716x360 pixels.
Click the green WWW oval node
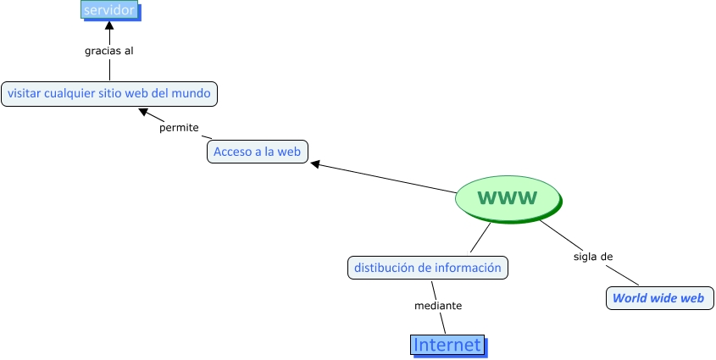point(508,198)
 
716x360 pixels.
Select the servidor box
point(109,10)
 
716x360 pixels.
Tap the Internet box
point(447,345)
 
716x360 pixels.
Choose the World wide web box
point(658,298)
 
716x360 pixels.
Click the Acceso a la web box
point(258,152)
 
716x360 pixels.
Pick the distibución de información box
point(428,268)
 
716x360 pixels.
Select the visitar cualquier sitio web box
point(109,93)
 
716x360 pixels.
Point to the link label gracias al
point(109,51)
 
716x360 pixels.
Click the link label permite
point(179,128)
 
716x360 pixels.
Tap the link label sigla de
point(593,256)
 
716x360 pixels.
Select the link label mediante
point(438,305)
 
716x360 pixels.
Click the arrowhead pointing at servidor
point(109,25)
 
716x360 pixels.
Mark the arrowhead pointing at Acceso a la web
point(315,164)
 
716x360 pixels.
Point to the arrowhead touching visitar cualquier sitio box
point(145,111)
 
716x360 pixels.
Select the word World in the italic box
point(629,298)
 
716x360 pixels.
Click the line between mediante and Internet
point(442,323)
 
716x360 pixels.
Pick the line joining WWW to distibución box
point(481,237)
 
